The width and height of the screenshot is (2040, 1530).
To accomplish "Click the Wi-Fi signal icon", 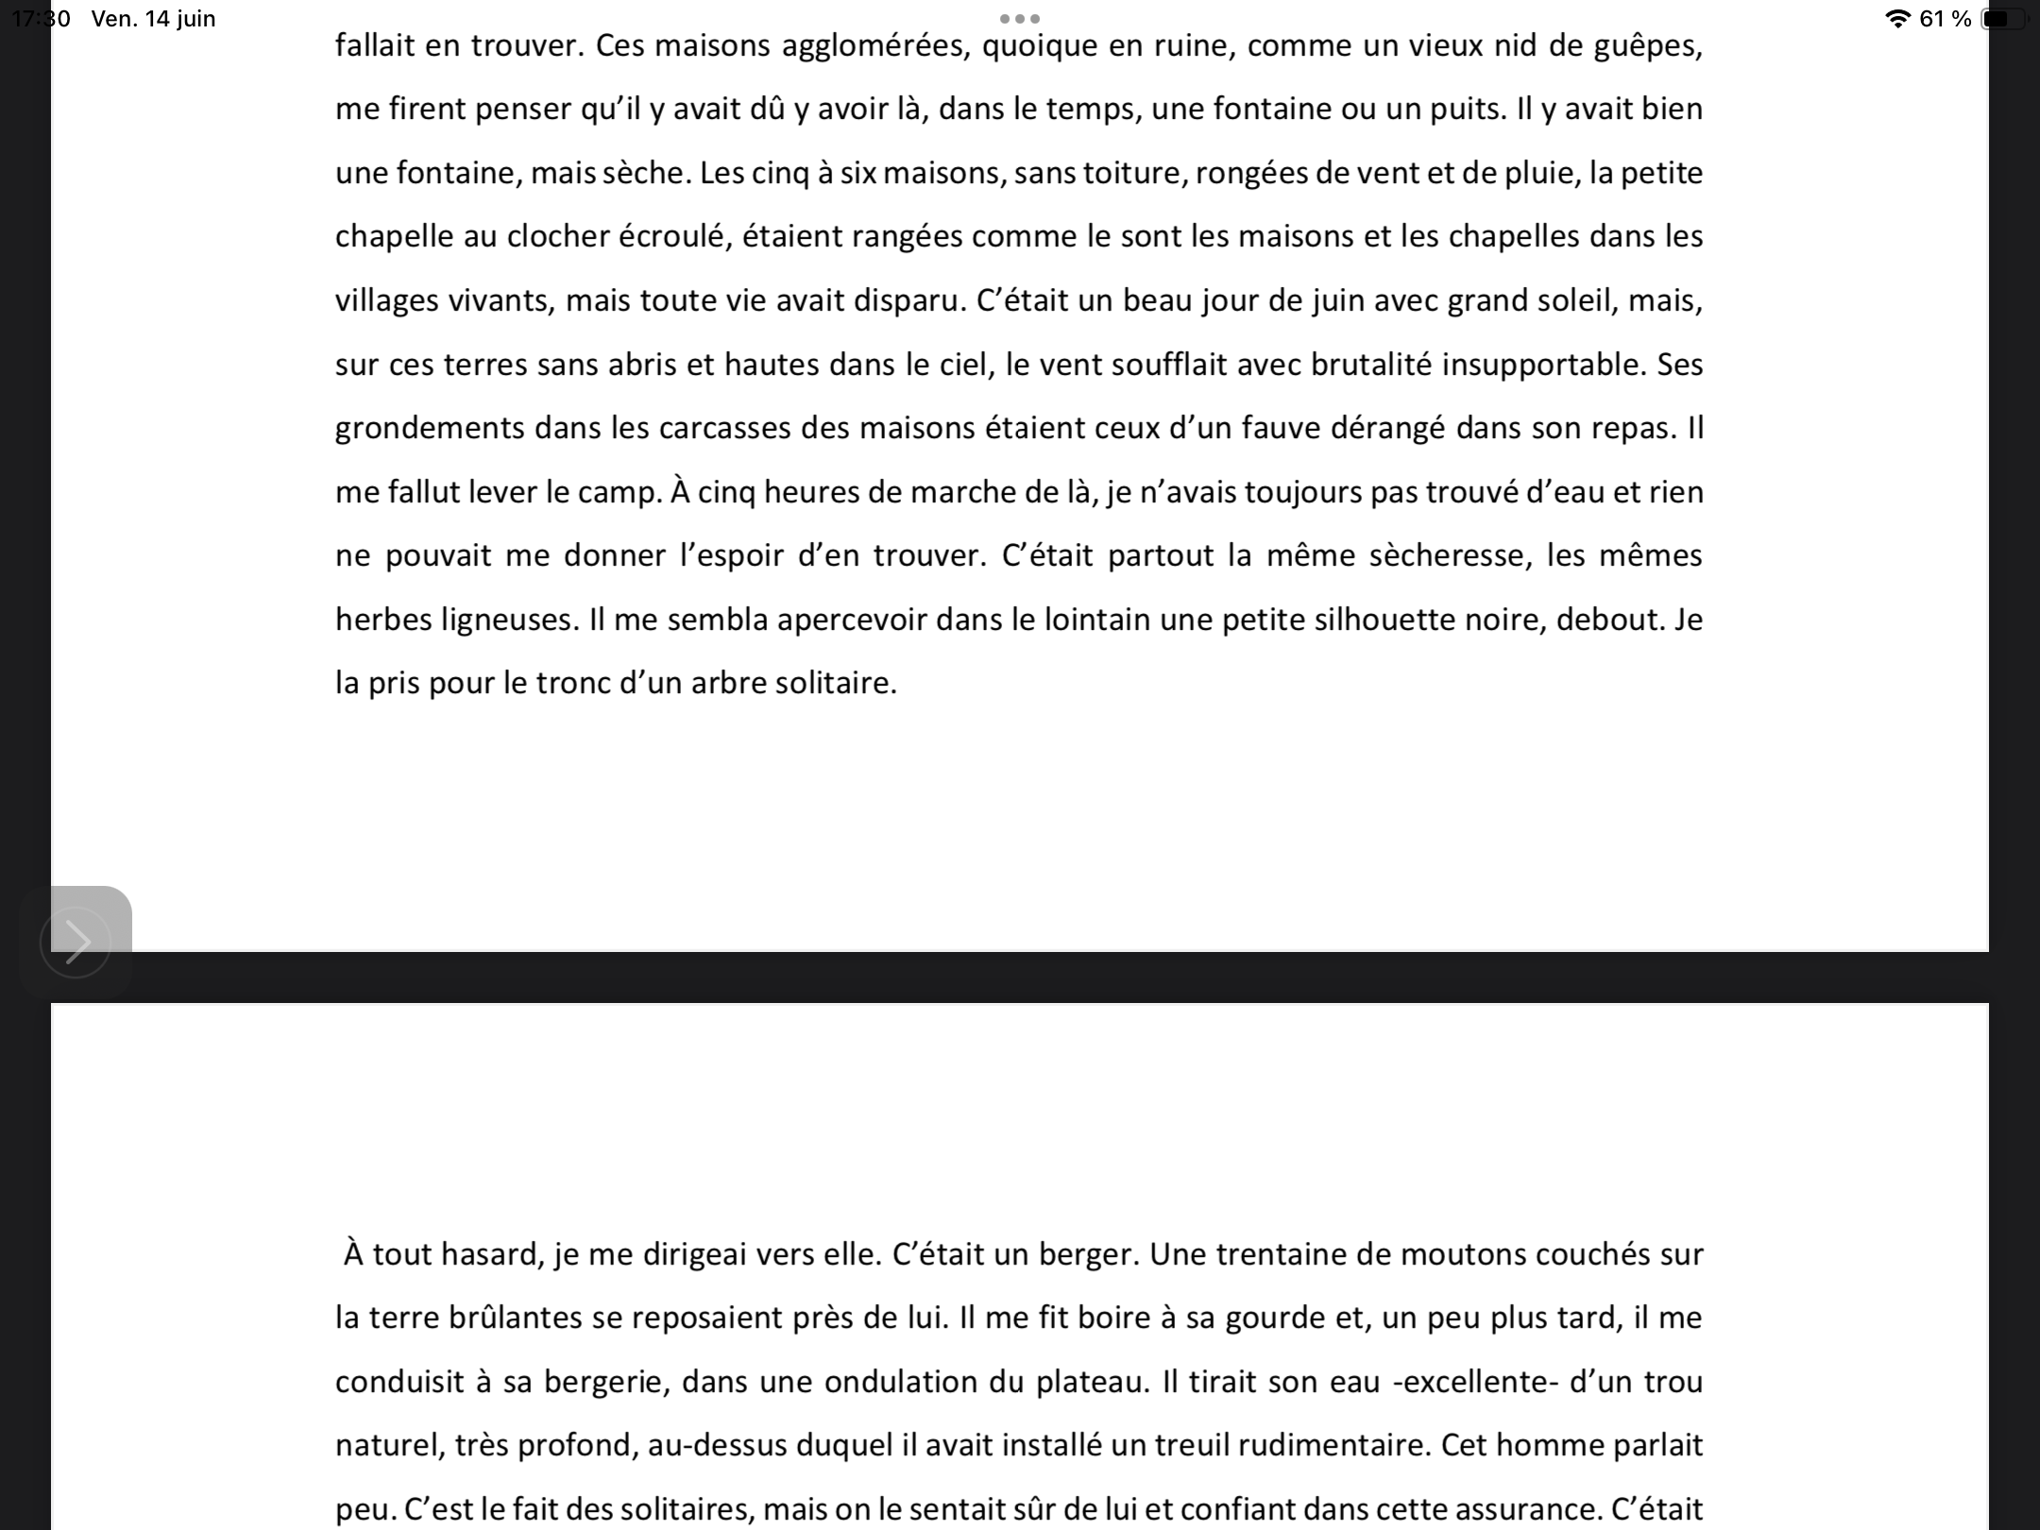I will click(1896, 19).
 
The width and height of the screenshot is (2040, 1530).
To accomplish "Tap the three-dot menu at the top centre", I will click(1020, 19).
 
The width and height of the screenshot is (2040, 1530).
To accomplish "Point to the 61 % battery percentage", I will click(1946, 19).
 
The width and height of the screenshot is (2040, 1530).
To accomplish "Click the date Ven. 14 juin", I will click(154, 19).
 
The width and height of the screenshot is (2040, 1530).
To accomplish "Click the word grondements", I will click(430, 429).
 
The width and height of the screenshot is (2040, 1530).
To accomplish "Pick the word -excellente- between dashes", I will click(1475, 1382).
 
